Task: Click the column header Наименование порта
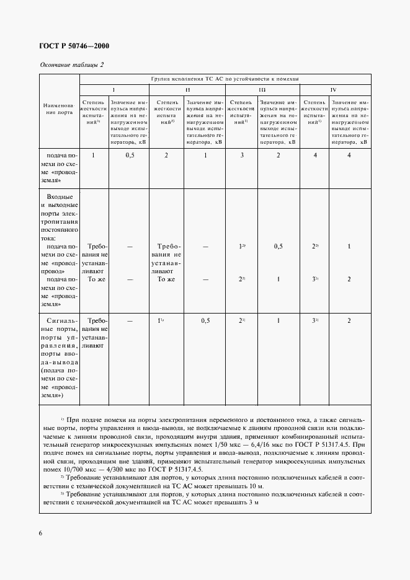[x=59, y=110]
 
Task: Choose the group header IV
[x=332, y=90]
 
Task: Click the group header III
[x=262, y=90]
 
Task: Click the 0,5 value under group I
[x=130, y=155]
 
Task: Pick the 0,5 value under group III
[x=279, y=247]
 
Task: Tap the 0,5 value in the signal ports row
[x=205, y=320]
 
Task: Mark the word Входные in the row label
[x=60, y=196]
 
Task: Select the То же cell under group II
[x=166, y=279]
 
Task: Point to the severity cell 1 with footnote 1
[x=160, y=320]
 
